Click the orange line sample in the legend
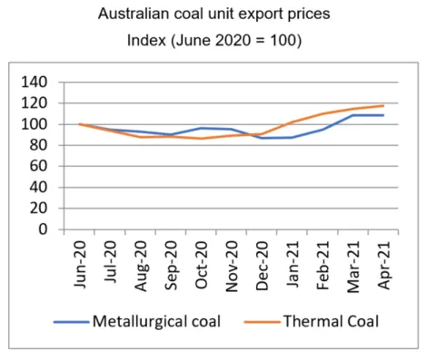262,322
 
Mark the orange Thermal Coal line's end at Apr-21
383,106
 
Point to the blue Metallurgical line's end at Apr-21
383,115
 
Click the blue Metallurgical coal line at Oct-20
202,128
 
